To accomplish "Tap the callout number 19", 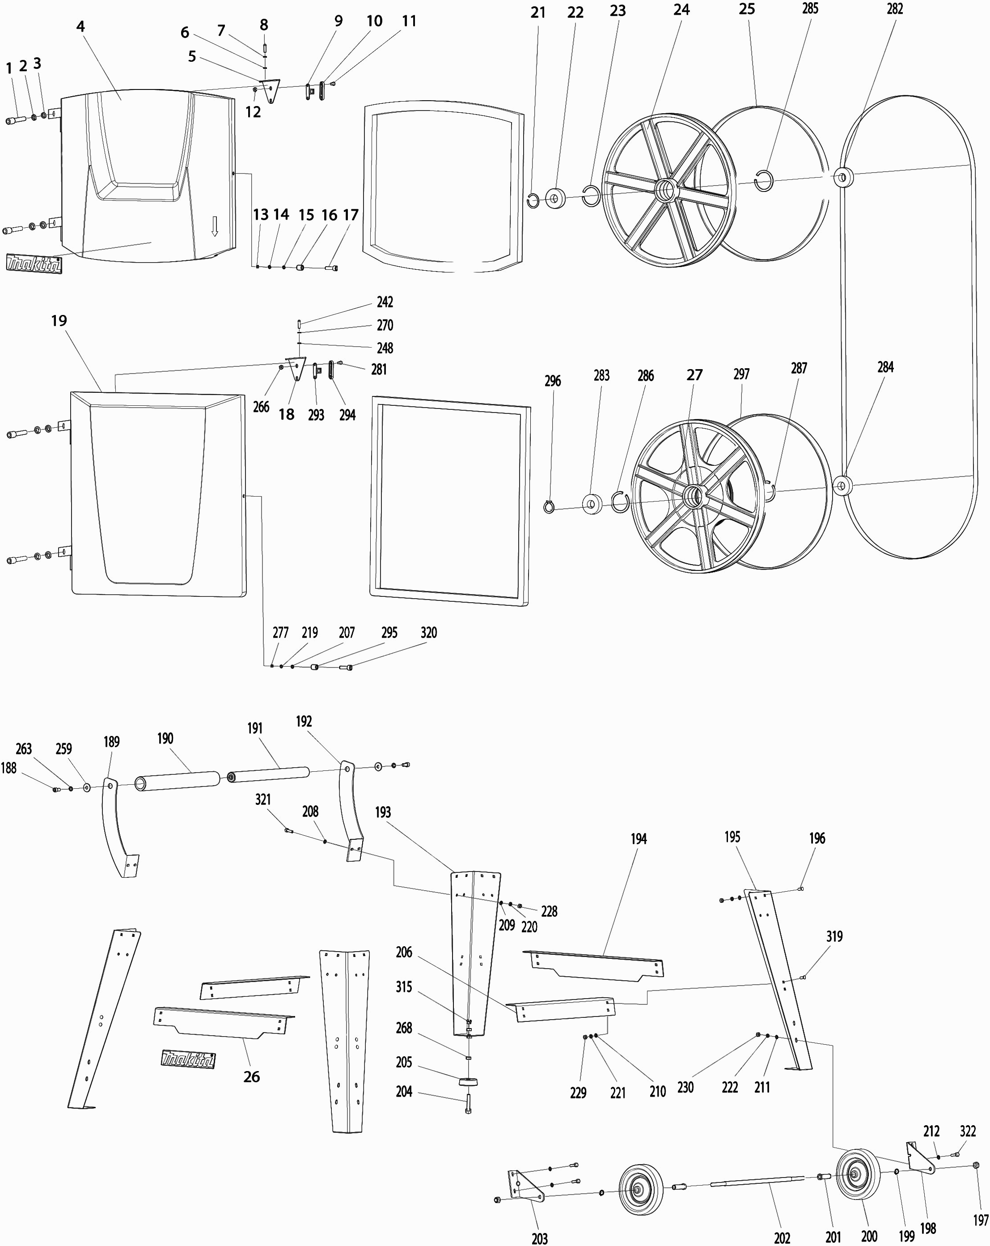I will pos(59,321).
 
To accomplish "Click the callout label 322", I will pos(968,1131).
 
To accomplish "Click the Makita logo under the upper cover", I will pos(34,264).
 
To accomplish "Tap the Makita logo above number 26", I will pos(188,1059).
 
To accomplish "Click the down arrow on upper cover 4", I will pos(214,226).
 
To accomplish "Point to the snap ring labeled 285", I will pos(764,182).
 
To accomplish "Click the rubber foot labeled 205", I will pos(468,1081).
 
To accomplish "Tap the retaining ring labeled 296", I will pos(549,507).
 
